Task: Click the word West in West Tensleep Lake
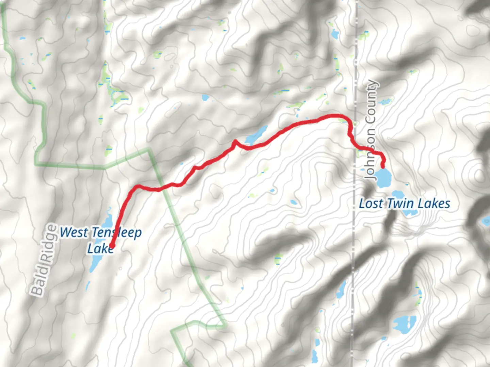[x=74, y=233]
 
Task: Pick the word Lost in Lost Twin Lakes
[x=371, y=204]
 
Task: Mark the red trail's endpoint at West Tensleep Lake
[x=111, y=246]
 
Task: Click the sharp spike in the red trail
[x=234, y=141]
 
